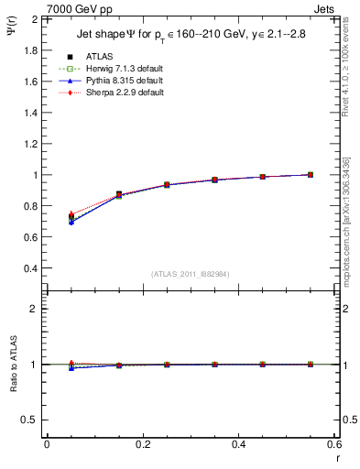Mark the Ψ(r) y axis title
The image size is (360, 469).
pos(10,34)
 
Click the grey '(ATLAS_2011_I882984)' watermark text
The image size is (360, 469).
pos(191,274)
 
